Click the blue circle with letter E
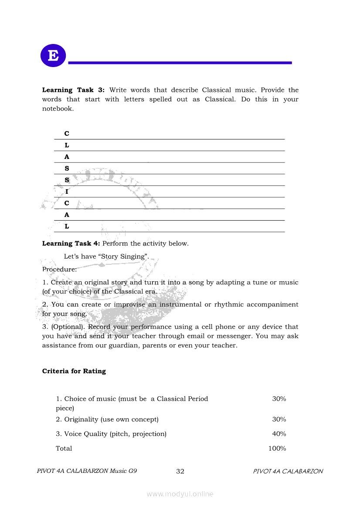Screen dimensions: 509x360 click(x=53, y=56)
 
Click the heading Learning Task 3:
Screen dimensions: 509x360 click(x=73, y=90)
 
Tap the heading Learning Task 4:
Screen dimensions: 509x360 click(x=71, y=243)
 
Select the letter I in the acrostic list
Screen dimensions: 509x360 click(x=67, y=192)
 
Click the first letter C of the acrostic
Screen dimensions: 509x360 click(x=67, y=134)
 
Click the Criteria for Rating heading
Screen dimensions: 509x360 click(x=74, y=371)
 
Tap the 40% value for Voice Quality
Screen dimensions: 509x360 click(x=279, y=434)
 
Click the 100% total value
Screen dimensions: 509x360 click(x=277, y=448)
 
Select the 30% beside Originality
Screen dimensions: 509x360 click(x=279, y=419)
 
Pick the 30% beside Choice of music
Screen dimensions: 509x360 click(x=279, y=399)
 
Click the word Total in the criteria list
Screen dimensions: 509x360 click(x=64, y=448)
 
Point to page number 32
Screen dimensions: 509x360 click(x=180, y=471)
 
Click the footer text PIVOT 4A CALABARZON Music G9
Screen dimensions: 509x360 click(x=87, y=471)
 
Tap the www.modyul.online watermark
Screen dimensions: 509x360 click(x=180, y=494)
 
